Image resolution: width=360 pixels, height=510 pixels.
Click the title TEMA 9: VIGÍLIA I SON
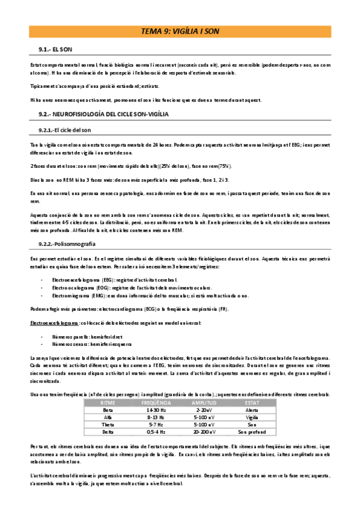pyautogui.click(x=180, y=32)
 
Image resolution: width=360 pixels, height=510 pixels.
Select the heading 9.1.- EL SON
pyautogui.click(x=55, y=49)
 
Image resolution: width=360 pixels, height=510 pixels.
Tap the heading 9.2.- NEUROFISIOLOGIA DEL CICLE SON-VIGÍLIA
pyautogui.click(x=103, y=114)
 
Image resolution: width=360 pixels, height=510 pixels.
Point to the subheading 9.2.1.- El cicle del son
pyautogui.click(x=63, y=130)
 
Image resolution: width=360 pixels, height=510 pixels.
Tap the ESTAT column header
pyautogui.click(x=252, y=402)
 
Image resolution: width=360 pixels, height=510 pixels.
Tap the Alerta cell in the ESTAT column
pyautogui.click(x=252, y=409)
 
